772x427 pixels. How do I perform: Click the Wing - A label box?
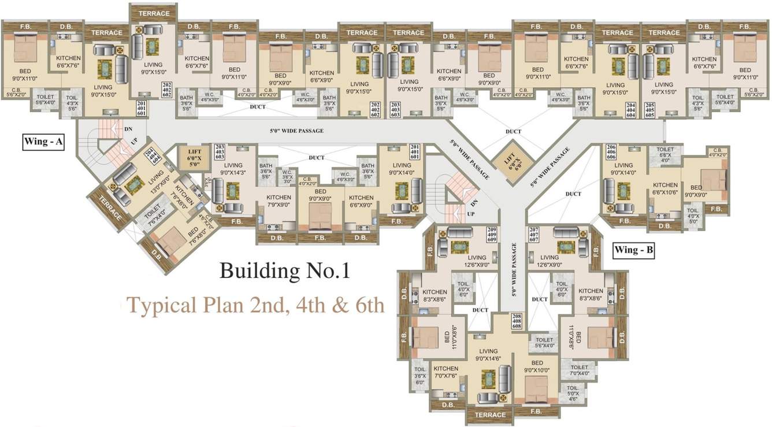point(43,142)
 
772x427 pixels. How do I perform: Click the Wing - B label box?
point(634,250)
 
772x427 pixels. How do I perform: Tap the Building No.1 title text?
point(285,270)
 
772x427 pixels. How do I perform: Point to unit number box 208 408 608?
point(517,321)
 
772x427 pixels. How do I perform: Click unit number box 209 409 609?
point(492,233)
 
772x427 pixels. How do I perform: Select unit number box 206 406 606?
point(611,152)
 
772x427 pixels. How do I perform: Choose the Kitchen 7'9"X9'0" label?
point(279,200)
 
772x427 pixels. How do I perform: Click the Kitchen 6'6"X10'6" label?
point(665,188)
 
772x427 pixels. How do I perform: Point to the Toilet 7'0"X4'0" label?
point(580,370)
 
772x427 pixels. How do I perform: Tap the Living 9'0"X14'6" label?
point(488,354)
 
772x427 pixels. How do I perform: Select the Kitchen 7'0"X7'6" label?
point(446,372)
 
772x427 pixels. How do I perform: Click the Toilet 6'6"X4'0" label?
point(665,153)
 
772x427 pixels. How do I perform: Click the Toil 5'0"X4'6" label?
point(573,392)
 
